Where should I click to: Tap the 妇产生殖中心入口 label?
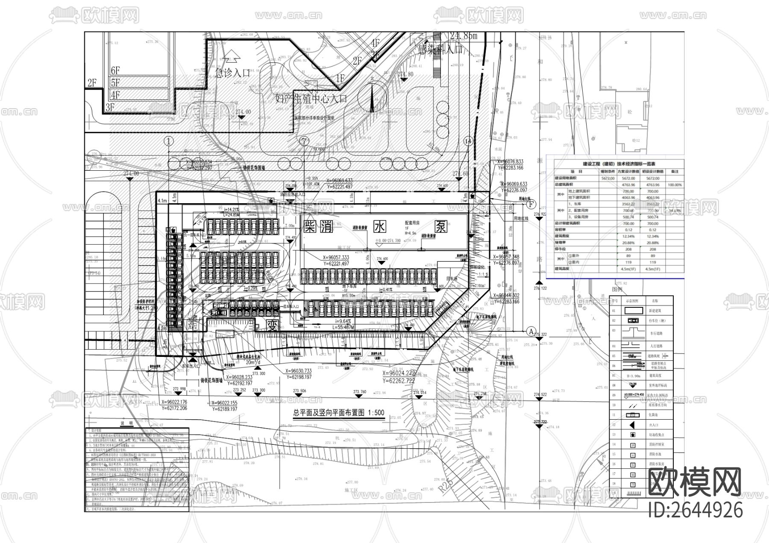pyautogui.click(x=311, y=99)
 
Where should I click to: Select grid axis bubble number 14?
pyautogui.click(x=469, y=141)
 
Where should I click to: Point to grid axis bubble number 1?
pyautogui.click(x=169, y=141)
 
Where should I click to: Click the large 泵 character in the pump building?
pyautogui.click(x=441, y=227)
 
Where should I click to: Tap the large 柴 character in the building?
pyautogui.click(x=310, y=227)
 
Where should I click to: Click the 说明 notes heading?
pyautogui.click(x=127, y=423)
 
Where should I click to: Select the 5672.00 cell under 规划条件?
pyautogui.click(x=607, y=178)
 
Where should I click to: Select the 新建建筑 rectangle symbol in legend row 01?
pyautogui.click(x=631, y=312)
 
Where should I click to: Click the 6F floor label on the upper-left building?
pyautogui.click(x=115, y=70)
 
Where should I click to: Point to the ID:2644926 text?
pyautogui.click(x=695, y=510)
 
